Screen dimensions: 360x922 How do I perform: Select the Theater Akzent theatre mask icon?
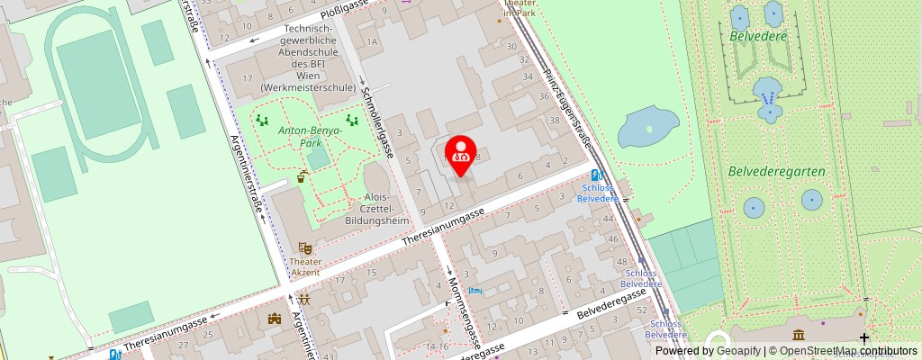305,247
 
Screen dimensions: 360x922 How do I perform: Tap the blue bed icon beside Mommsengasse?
475,291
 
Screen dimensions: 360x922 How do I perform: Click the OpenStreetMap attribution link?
841,351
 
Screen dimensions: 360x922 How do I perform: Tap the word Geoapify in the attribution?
736,351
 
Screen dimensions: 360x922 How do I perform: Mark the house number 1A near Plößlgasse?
371,42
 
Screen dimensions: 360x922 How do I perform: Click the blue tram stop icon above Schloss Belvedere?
595,175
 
